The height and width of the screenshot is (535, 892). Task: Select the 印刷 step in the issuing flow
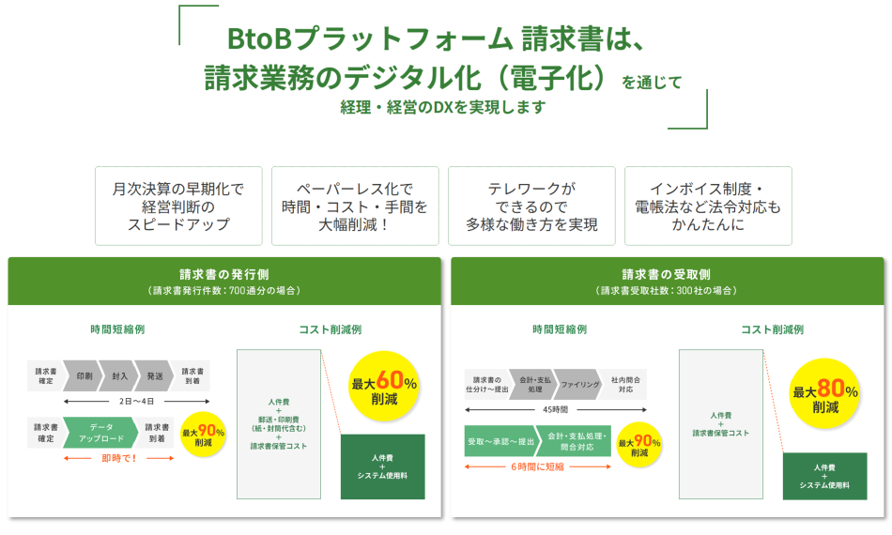[x=85, y=375]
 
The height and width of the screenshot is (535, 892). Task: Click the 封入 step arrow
[x=119, y=375]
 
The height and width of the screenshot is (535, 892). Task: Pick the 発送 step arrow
[x=155, y=375]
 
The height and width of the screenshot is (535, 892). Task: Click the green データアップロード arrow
[x=100, y=432]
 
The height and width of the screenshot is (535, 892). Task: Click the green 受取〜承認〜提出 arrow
[x=500, y=440]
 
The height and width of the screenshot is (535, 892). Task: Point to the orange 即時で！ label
[x=119, y=458]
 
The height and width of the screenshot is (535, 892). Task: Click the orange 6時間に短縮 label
[x=537, y=466]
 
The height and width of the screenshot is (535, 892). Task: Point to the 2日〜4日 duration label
[x=119, y=401]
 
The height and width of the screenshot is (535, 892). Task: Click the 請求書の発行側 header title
[x=224, y=274]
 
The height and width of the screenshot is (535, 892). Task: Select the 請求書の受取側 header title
[x=667, y=274]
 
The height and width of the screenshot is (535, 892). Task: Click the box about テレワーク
[x=531, y=206]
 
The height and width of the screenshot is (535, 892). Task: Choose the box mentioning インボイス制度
[x=707, y=206]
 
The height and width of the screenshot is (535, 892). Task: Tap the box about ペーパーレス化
[x=355, y=206]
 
